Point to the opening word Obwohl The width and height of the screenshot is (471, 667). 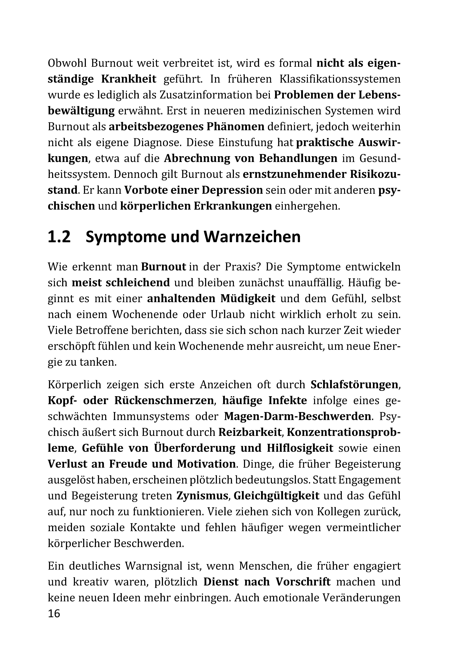click(x=66, y=63)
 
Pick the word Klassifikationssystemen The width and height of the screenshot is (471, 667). click(x=340, y=79)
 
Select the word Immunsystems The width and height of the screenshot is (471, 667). click(x=151, y=417)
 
